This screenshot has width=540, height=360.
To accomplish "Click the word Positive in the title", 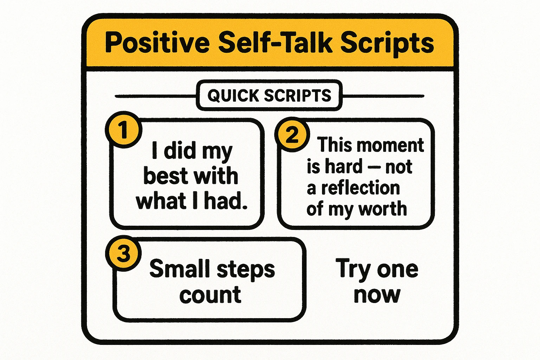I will pos(157,43).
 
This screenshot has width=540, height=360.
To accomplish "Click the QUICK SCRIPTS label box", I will pos(269,96).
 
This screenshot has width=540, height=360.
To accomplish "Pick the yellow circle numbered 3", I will pos(123,253).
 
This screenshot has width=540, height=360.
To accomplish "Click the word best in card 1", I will pos(165,176).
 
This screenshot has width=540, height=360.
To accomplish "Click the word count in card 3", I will pos(210,295).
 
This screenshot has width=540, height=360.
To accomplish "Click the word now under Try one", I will pos(377,295).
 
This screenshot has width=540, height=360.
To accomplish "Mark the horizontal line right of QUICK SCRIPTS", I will pos(383,96).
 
